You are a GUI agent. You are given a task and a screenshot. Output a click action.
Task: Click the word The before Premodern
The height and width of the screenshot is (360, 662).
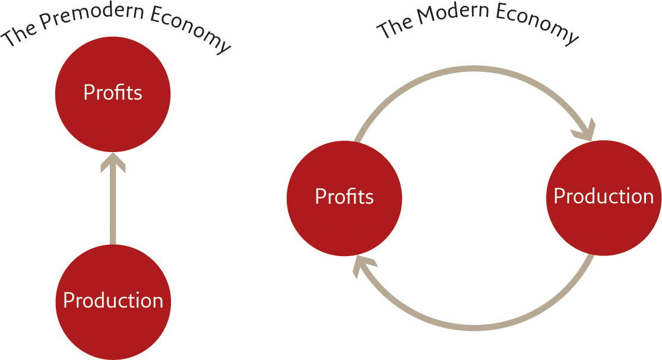[18, 36]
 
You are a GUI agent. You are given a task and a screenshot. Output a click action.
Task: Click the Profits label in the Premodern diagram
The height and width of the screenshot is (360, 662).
[113, 92]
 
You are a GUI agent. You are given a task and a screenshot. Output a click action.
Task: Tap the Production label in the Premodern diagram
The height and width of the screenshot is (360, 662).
[113, 300]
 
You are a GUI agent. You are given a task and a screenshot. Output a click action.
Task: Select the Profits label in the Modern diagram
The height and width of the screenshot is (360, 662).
[344, 197]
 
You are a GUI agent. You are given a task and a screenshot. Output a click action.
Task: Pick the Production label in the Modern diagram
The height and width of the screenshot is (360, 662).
[604, 196]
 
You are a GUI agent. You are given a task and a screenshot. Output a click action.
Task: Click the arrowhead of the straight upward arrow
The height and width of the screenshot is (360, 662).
[113, 162]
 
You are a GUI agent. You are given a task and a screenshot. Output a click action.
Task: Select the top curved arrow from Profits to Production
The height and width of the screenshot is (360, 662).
[474, 69]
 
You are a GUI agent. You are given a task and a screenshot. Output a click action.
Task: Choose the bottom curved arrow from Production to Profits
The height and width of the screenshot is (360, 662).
[474, 327]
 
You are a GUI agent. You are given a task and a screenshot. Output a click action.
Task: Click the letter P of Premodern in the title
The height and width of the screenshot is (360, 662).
[46, 23]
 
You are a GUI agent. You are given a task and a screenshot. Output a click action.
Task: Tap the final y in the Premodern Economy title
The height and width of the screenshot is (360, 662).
[224, 46]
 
